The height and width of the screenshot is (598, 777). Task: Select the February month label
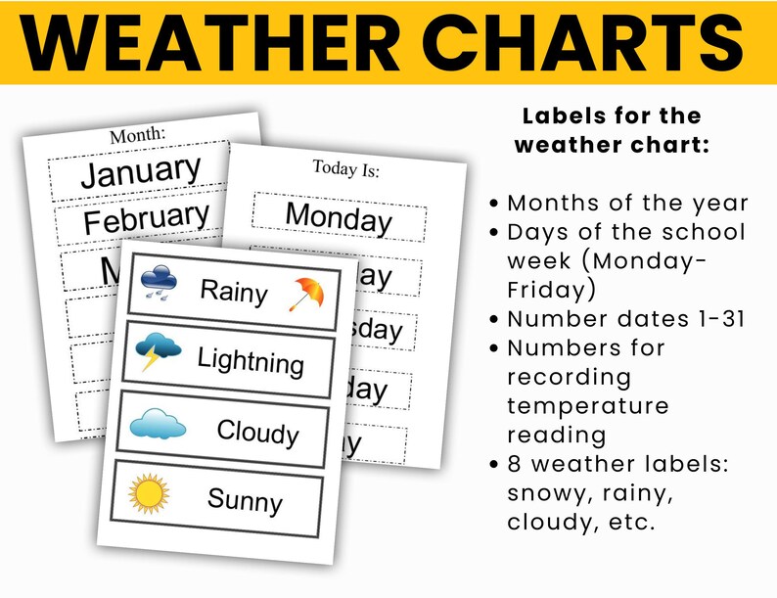point(146,218)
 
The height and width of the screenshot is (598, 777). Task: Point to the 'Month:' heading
point(137,135)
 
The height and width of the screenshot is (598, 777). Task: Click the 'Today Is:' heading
point(345,168)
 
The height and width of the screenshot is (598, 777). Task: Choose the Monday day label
point(339,217)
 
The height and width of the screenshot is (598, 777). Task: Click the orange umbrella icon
point(307,294)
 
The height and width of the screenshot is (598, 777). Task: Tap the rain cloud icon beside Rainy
point(159,280)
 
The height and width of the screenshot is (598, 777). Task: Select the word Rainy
point(234,290)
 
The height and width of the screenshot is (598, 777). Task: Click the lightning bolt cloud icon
point(159,350)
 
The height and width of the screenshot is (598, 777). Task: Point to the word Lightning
point(251,361)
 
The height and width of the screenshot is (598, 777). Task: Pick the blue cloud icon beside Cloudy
point(158,423)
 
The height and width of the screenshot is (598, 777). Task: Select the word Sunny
point(244,501)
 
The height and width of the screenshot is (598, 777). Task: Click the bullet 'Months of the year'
point(627,204)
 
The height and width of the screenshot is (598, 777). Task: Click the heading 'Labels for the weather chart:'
point(612,130)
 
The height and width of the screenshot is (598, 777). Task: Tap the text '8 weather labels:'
point(617,464)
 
